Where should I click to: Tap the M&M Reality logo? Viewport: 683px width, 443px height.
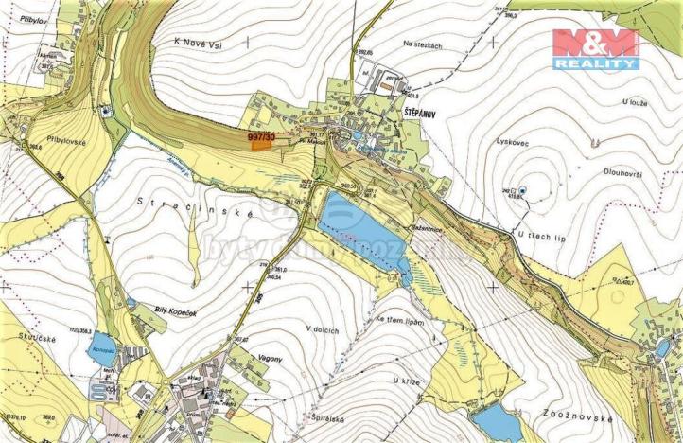click(x=596, y=48)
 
